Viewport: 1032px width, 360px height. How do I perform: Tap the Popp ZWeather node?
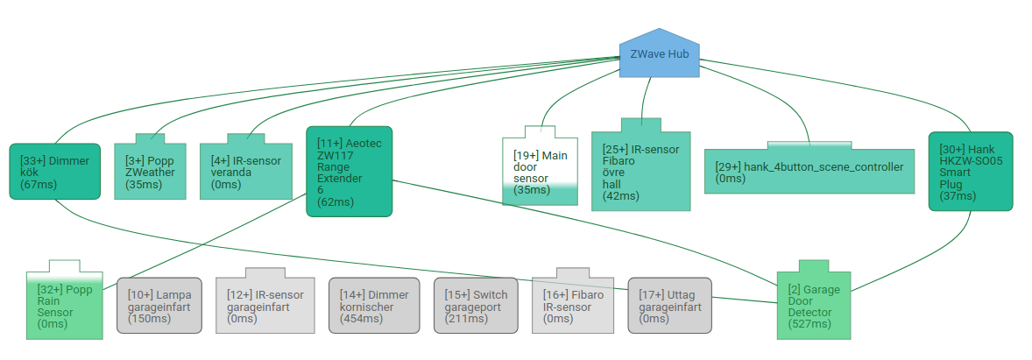click(150, 172)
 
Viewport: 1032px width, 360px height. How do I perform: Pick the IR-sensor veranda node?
click(246, 172)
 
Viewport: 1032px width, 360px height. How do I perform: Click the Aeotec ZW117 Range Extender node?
click(349, 172)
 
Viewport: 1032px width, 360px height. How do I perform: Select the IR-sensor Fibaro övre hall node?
click(641, 171)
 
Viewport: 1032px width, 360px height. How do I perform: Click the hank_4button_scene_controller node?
click(809, 172)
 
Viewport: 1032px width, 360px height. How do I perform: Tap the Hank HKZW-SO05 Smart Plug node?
click(970, 172)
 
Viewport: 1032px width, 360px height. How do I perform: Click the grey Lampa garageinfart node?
click(159, 307)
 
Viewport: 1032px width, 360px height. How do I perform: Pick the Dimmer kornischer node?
click(373, 307)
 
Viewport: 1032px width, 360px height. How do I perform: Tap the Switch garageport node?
click(477, 307)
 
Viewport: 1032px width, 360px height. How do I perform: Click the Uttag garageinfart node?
click(669, 307)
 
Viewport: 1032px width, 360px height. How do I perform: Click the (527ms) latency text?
click(809, 324)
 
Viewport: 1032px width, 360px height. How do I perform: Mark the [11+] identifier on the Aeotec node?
click(330, 143)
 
